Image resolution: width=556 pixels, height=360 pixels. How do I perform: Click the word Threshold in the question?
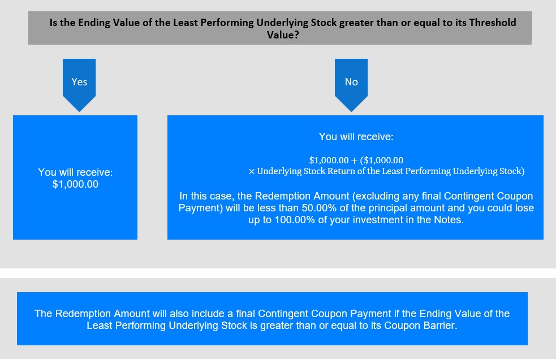(x=493, y=23)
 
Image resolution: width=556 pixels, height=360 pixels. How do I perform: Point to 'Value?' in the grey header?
(x=283, y=34)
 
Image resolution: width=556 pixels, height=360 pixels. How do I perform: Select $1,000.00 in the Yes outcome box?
(x=75, y=184)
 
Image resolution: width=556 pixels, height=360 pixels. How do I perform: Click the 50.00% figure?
(x=318, y=207)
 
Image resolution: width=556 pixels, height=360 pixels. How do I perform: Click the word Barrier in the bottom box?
(x=438, y=326)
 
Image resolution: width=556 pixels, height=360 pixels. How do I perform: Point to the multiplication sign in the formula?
(x=251, y=172)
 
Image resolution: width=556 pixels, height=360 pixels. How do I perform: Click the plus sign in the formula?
(x=354, y=161)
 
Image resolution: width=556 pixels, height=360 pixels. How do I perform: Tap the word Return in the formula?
(x=341, y=171)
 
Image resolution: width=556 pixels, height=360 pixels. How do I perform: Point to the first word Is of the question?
(x=53, y=23)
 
